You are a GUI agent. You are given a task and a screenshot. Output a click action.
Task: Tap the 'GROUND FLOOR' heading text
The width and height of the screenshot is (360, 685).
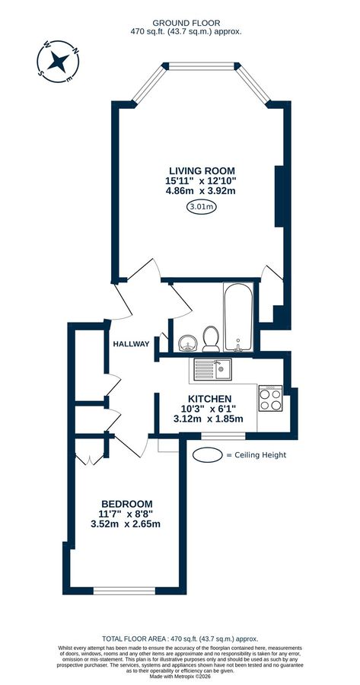click(180, 23)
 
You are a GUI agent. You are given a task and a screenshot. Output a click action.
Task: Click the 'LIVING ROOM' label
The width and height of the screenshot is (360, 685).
click(201, 170)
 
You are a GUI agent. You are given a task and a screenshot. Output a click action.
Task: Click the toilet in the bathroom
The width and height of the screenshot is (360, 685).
click(209, 336)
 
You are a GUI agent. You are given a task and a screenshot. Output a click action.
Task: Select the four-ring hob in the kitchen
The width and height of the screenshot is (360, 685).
click(271, 397)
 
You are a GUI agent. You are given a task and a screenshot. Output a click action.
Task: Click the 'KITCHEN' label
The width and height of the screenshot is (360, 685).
click(209, 398)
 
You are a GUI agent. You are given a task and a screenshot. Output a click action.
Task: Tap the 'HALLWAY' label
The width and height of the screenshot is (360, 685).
click(131, 344)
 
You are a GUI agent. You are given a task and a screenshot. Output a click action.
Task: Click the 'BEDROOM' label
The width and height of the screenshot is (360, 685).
click(127, 504)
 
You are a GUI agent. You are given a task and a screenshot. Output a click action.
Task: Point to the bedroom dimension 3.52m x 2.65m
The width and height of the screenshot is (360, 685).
click(127, 524)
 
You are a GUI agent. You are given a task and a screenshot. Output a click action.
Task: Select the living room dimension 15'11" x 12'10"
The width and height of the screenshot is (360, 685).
click(201, 180)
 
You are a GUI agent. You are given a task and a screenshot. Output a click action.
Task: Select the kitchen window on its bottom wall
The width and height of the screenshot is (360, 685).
click(224, 435)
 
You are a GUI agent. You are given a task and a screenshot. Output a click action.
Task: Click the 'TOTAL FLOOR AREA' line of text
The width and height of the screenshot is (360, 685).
click(180, 639)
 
